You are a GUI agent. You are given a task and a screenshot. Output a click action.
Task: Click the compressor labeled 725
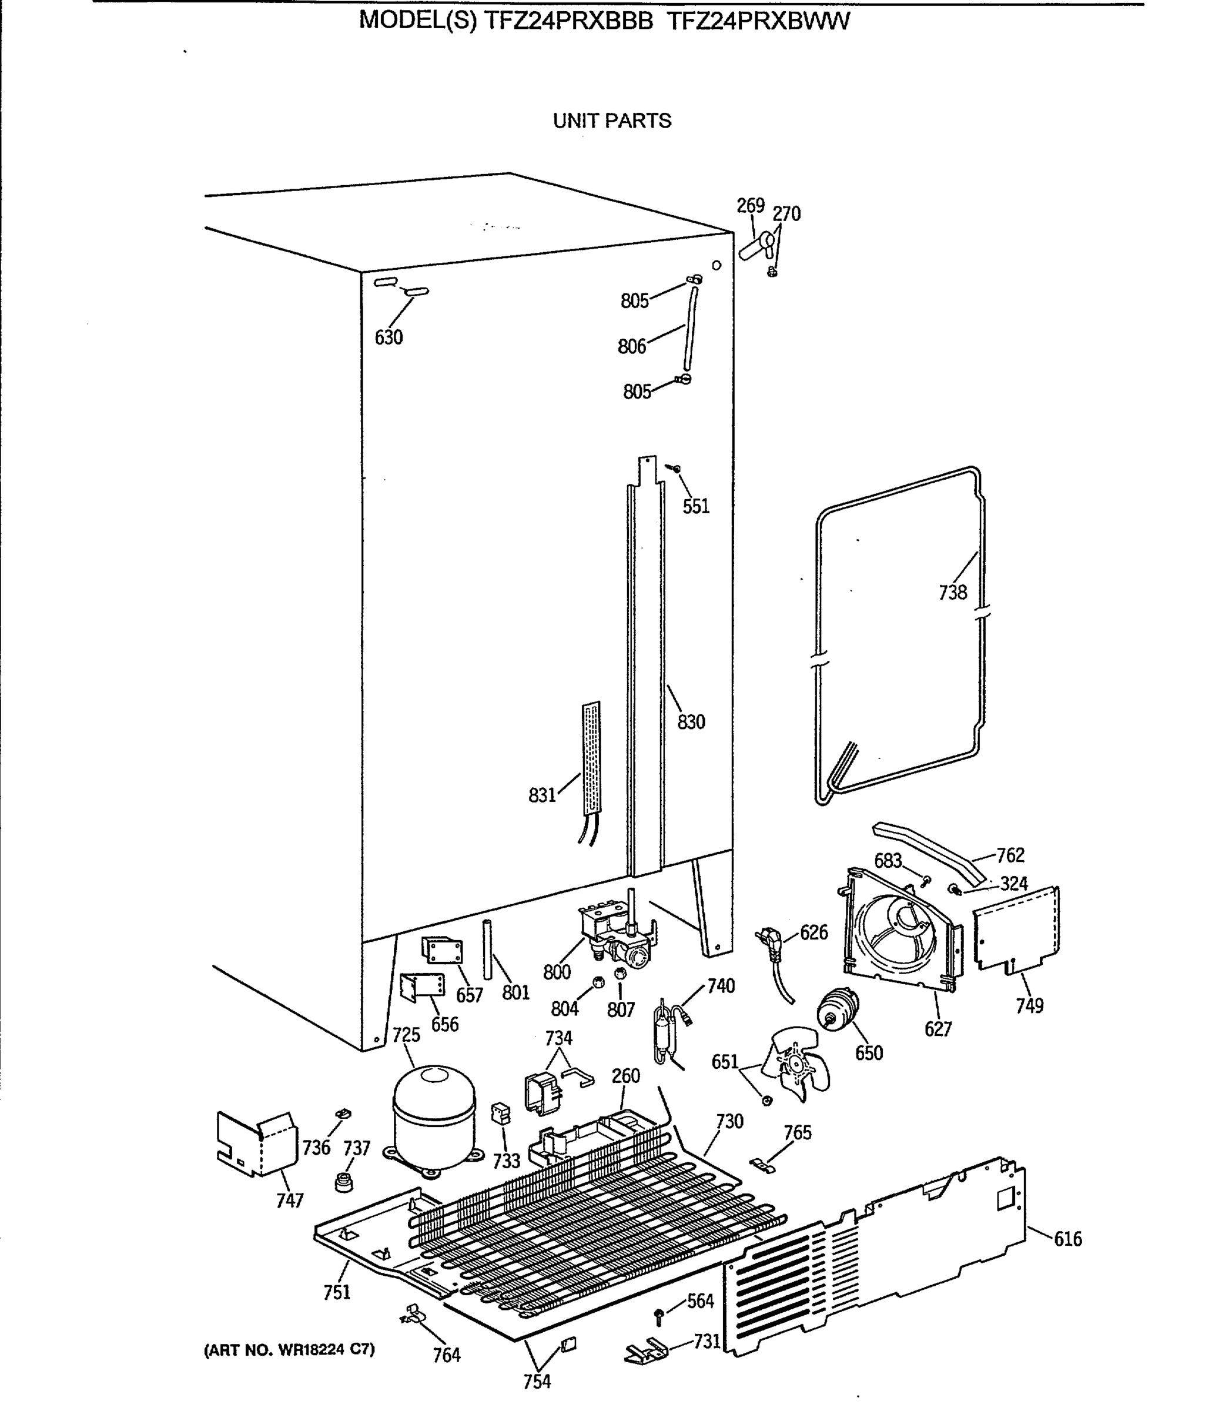pyautogui.click(x=433, y=1118)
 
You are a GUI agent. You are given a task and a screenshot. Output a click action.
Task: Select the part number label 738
pyautogui.click(x=952, y=592)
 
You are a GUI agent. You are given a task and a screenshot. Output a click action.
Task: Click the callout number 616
pyautogui.click(x=1068, y=1239)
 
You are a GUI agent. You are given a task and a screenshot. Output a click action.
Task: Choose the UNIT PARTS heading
pyautogui.click(x=612, y=121)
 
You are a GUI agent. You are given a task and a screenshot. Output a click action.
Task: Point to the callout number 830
pyautogui.click(x=691, y=722)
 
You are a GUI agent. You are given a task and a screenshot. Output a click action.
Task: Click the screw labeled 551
pyautogui.click(x=675, y=469)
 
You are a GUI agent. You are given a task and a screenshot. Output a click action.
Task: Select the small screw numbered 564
pyautogui.click(x=659, y=1315)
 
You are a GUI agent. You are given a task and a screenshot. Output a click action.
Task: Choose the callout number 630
pyautogui.click(x=389, y=337)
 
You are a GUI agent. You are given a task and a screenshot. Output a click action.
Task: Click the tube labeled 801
pyautogui.click(x=487, y=950)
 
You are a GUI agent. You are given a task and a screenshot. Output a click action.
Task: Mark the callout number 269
pyautogui.click(x=750, y=206)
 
